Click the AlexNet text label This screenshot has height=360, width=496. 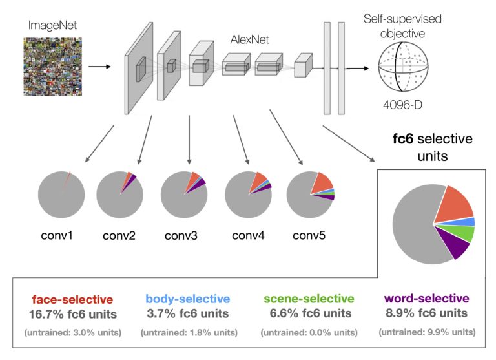click(x=249, y=40)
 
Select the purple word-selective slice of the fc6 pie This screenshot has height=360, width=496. click(x=450, y=245)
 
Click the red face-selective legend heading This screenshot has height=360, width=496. click(x=72, y=299)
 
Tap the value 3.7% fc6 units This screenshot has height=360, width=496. click(x=187, y=313)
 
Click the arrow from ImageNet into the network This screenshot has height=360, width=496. click(x=98, y=66)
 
